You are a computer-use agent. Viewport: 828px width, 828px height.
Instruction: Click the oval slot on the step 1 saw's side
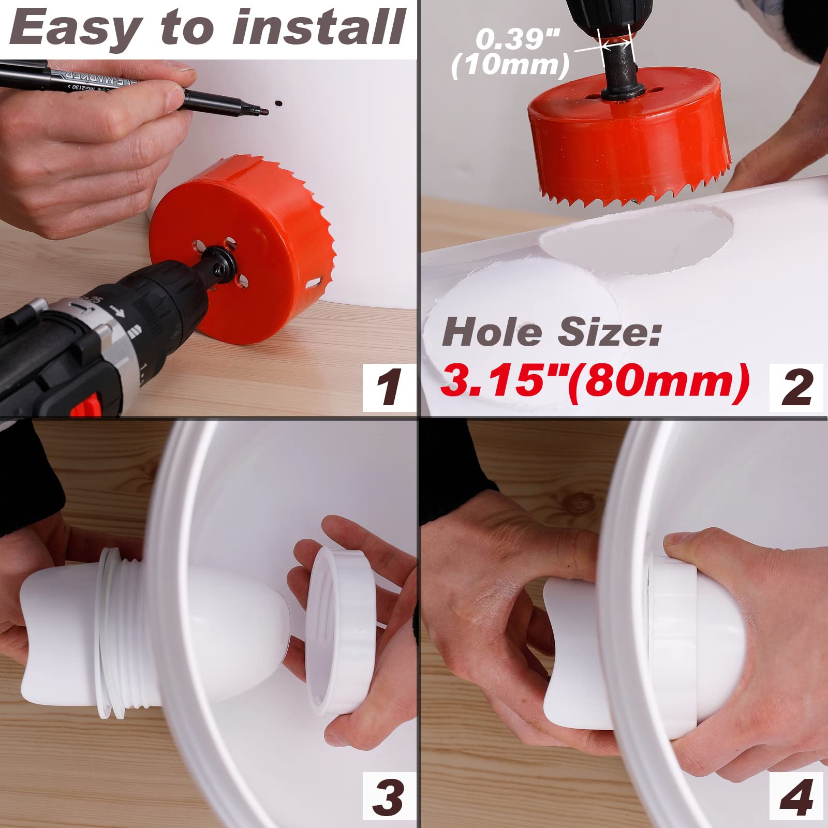click(x=315, y=284)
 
